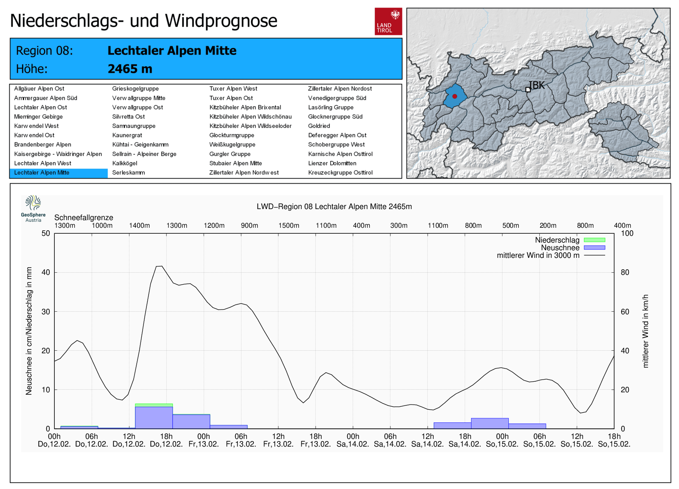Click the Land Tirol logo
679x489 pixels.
click(388, 21)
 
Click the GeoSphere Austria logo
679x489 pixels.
click(33, 208)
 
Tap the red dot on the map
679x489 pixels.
click(455, 96)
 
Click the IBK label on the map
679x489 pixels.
click(537, 85)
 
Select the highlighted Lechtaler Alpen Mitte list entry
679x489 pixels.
click(42, 173)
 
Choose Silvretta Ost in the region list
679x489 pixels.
click(128, 117)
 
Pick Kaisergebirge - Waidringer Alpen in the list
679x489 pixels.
click(58, 154)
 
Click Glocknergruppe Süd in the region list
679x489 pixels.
click(335, 117)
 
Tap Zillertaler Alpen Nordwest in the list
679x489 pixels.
click(244, 173)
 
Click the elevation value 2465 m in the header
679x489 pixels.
click(130, 69)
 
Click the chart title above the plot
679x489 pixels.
click(334, 207)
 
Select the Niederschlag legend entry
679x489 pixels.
click(557, 240)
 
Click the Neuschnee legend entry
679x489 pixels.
click(560, 248)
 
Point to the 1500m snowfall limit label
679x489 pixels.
click(289, 226)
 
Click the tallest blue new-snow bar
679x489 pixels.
click(154, 418)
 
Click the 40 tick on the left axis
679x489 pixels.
click(45, 272)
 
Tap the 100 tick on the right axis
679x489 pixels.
click(627, 233)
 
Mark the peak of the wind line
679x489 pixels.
click(159, 266)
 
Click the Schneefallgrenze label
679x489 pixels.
click(84, 218)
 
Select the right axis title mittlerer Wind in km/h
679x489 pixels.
click(645, 331)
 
